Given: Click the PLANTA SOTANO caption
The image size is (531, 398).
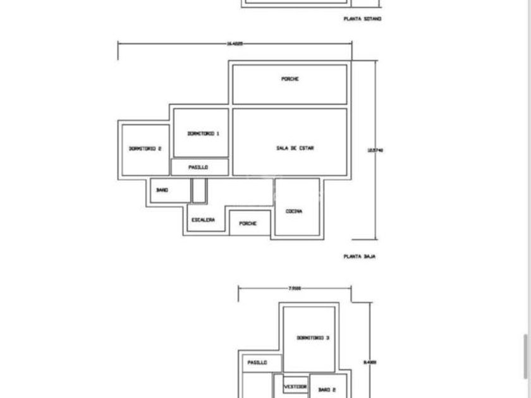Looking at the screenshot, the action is [x=362, y=19].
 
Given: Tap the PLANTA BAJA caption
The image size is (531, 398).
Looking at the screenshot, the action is [x=360, y=256].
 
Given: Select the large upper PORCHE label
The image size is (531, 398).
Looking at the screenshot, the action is [x=290, y=79].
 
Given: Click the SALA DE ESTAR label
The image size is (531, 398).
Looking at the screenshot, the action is [x=295, y=148].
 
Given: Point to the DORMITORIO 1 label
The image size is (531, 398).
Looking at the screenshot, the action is [x=203, y=134].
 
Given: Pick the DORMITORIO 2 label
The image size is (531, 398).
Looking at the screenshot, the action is [x=145, y=149].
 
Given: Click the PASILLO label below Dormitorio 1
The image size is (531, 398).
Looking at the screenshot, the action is [x=198, y=167].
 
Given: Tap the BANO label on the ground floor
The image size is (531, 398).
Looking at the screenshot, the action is [x=162, y=190].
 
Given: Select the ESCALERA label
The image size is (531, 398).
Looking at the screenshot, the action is [x=203, y=220].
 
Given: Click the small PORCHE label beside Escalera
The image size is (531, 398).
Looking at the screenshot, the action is [x=248, y=224].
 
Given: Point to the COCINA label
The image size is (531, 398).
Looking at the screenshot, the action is [x=294, y=212].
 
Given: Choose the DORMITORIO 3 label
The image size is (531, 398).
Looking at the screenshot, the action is [x=312, y=338].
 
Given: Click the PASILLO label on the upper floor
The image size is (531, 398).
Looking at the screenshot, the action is [x=257, y=363].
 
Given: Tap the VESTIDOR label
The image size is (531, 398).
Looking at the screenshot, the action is [x=295, y=386].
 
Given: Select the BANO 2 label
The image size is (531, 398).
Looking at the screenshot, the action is [x=327, y=390].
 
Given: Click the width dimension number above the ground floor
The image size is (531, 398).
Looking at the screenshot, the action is [x=235, y=44].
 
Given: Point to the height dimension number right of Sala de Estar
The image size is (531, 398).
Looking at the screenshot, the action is [x=375, y=150].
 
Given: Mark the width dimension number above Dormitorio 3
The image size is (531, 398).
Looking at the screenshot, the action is [x=295, y=289].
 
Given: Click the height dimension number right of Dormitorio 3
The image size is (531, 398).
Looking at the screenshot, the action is [x=370, y=363].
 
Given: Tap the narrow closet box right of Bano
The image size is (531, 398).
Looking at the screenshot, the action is [x=198, y=190].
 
